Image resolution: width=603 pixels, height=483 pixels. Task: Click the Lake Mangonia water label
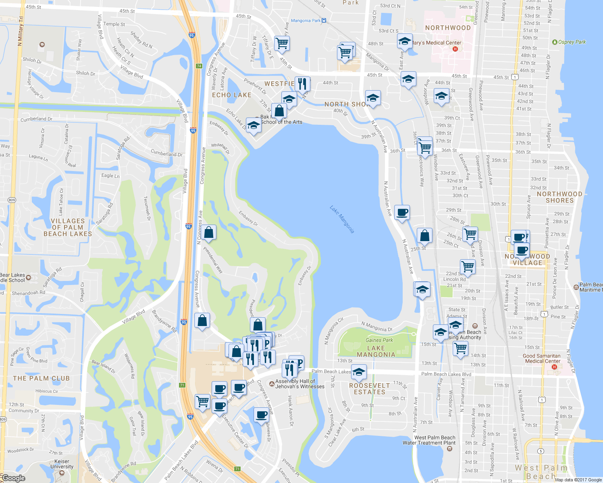(x=342, y=219)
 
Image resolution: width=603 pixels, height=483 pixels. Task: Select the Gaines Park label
(x=379, y=340)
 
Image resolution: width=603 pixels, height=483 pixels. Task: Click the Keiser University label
(x=62, y=464)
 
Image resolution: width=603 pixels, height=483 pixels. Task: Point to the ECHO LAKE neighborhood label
(x=232, y=95)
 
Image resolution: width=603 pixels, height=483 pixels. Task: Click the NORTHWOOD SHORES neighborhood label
(x=559, y=197)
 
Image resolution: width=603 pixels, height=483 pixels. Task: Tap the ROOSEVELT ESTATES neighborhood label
(x=370, y=388)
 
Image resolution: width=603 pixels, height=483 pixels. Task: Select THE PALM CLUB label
(x=42, y=378)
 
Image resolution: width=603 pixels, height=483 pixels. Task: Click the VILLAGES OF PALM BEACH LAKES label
(x=68, y=227)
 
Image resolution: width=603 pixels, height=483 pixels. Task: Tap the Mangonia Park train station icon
(x=324, y=21)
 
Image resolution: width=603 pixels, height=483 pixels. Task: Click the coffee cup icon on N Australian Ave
(x=402, y=212)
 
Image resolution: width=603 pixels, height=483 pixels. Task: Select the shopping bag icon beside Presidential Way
(x=209, y=232)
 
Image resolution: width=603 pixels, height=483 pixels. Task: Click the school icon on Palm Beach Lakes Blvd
(x=358, y=372)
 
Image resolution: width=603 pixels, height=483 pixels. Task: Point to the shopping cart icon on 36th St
(x=425, y=147)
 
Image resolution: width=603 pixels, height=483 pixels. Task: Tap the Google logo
(x=13, y=478)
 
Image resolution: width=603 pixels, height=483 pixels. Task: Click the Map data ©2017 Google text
(x=578, y=480)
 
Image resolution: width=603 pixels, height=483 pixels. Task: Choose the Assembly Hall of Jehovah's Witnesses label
(x=299, y=384)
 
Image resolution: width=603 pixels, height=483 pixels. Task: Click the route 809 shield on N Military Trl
(x=12, y=200)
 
